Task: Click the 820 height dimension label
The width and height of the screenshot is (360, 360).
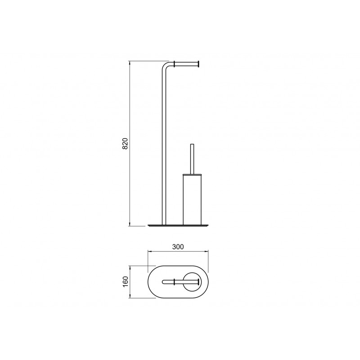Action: point(125,144)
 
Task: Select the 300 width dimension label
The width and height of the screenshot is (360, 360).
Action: point(178,247)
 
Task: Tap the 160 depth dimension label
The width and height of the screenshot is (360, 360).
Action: point(125,282)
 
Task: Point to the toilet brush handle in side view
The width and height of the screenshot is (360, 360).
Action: point(192,159)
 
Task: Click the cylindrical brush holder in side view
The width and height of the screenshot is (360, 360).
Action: point(193,199)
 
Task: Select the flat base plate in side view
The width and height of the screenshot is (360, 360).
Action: point(178,226)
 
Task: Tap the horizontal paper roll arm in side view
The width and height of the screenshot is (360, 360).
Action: point(186,64)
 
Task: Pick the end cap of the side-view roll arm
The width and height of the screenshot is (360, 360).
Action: point(199,64)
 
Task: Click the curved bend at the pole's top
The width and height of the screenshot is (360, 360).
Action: point(164,65)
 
